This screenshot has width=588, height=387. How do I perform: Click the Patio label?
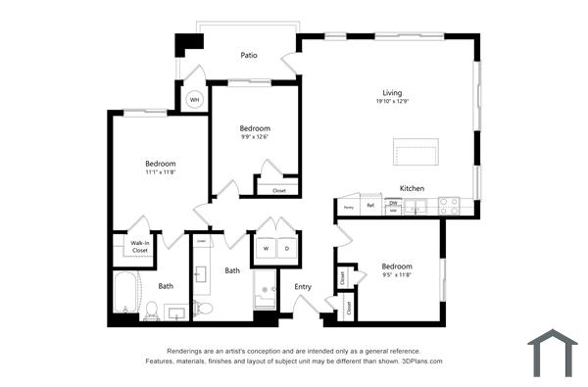coord(248,56)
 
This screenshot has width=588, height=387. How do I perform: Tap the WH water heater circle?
coord(194,99)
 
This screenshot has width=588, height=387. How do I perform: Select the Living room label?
coord(392,92)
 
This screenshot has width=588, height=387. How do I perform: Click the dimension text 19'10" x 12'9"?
coord(392,102)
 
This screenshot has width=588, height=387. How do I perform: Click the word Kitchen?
coord(412,187)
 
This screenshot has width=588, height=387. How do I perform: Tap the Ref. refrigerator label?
coord(370,206)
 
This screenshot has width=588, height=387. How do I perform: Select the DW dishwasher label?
coord(393,203)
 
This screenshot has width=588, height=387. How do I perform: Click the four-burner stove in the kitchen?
coord(448,206)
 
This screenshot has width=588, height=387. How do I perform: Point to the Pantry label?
coord(348,208)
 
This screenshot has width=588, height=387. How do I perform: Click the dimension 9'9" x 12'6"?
coord(255,137)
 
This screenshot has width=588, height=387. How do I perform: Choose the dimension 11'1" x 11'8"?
coord(160,172)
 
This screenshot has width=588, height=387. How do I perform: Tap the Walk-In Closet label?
coord(141,246)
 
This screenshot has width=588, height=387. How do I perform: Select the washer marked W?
coord(266,248)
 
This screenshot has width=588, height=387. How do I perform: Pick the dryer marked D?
coord(287,248)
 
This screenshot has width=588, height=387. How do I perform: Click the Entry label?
coord(303,286)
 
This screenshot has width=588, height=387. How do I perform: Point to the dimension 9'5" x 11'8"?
coord(396,276)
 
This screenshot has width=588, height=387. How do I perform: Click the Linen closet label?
coord(201,240)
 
